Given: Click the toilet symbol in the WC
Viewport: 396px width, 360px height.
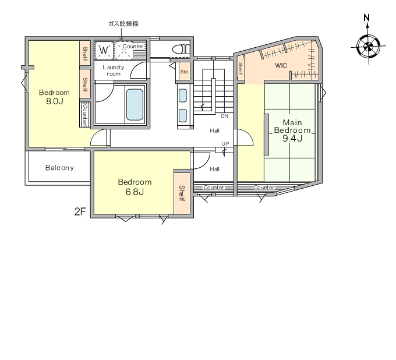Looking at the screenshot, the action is coord(181,49).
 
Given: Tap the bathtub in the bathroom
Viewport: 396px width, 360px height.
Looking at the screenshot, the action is coord(135,105).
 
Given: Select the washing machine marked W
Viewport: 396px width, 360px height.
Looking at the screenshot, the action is coord(104,50).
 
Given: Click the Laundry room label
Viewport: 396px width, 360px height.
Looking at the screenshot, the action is coord(114,70).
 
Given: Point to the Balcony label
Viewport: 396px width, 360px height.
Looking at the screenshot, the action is coord(59,168).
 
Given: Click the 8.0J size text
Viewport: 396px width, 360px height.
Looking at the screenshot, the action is coord(55,101).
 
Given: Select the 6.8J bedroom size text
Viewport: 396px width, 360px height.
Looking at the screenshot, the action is coord(135,192).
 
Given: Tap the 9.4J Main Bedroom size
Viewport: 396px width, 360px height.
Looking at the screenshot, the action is coord(292,138).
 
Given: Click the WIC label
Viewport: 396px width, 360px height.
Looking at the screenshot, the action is coord(281,66).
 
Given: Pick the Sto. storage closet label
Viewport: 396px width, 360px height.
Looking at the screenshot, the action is coord(185,72).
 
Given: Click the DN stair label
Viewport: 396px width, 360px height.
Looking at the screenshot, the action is coord(225,116).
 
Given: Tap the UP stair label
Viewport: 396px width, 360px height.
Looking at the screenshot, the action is coord(225,144).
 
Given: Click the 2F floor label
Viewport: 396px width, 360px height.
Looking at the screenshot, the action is coord(80,211).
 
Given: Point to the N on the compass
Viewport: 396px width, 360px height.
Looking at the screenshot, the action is coord(367,17).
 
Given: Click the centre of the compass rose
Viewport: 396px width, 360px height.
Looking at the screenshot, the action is coord(369,47).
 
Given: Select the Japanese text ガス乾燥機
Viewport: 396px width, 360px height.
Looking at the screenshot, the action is coord(123,24).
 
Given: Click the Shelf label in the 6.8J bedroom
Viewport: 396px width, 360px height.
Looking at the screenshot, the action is coord(182,193).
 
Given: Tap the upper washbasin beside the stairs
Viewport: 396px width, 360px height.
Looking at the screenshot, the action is coord(183,96).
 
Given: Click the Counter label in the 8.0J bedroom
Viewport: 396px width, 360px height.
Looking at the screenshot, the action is coord(85,114).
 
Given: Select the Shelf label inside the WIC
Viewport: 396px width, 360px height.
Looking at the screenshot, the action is coord(241,69).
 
